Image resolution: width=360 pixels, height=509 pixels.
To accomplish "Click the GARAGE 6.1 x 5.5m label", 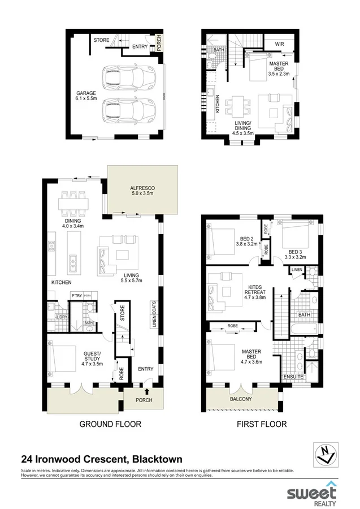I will (86, 96).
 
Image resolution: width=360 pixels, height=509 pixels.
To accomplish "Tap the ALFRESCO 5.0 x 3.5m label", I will (142, 190).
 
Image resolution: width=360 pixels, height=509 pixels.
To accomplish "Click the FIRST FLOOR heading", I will (263, 424).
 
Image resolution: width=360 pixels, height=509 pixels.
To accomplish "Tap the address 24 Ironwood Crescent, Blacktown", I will (102, 459).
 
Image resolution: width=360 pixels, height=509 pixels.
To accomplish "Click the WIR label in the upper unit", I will (279, 44).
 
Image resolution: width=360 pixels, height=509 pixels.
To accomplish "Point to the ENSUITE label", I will (294, 377).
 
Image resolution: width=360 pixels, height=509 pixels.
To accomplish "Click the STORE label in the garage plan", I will (102, 40).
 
